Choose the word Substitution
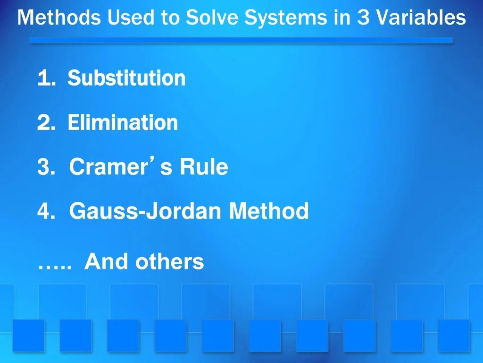pos(126,78)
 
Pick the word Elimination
pos(123,123)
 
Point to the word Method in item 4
pos(269,211)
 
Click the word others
pos(170,261)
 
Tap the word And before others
pos(107,261)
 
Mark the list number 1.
pos(45,78)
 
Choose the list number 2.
pos(45,123)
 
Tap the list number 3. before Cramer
pos(45,167)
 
